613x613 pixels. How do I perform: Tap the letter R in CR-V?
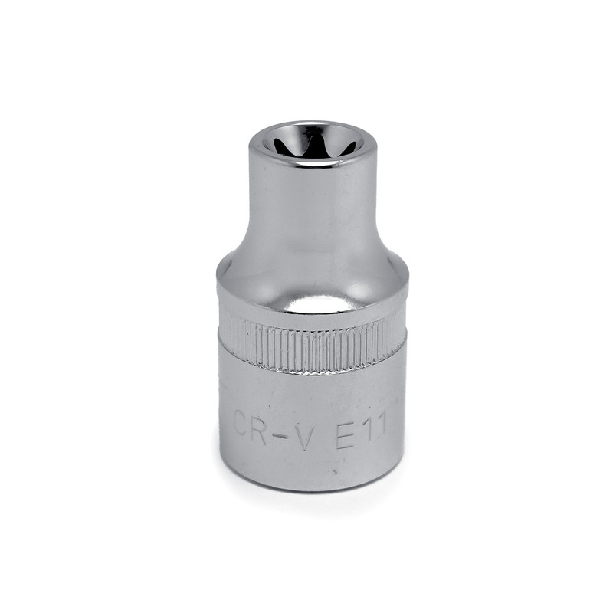260,426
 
